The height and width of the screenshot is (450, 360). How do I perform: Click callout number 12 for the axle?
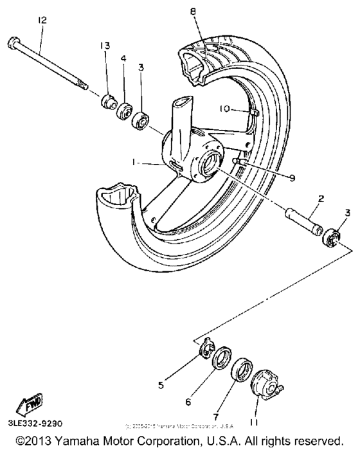click(x=42, y=21)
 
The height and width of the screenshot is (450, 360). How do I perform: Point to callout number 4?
click(x=123, y=59)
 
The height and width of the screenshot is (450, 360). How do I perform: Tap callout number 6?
click(x=188, y=402)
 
